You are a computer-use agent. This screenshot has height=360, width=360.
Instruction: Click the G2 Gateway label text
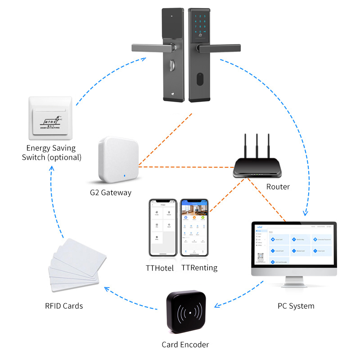(110, 193)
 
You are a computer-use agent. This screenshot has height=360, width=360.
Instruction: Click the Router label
(278, 186)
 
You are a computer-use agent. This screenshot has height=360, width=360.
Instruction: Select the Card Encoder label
(185, 345)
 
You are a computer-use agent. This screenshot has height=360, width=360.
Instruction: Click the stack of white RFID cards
(74, 265)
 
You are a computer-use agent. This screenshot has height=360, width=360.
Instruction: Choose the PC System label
(296, 306)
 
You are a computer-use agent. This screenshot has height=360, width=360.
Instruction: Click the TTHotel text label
(160, 268)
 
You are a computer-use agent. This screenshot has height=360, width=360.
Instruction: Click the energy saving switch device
(50, 118)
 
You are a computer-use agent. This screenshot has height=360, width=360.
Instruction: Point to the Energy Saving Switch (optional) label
(54, 153)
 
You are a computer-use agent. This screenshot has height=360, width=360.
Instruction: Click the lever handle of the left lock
(151, 47)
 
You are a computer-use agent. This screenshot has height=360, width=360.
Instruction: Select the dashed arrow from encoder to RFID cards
(130, 299)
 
